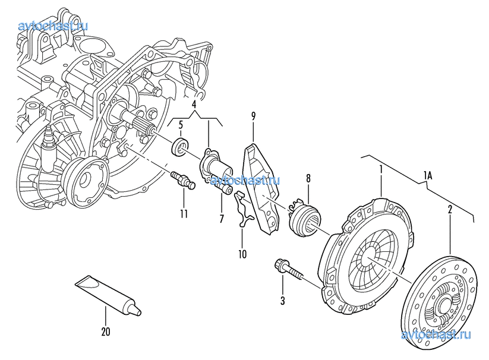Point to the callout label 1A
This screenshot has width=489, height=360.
pyautogui.click(x=428, y=175)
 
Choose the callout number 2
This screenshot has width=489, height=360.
pyautogui.click(x=450, y=209)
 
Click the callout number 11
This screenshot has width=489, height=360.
pyautogui.click(x=184, y=213)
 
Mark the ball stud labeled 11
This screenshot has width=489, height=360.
pyautogui.click(x=181, y=179)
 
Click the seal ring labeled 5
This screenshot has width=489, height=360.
pyautogui.click(x=179, y=146)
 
